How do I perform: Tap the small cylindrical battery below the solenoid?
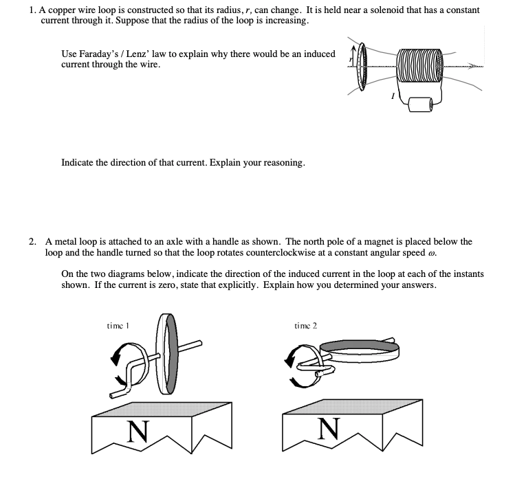click(419, 104)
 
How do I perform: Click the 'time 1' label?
click(120, 325)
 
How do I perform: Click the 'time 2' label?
click(305, 325)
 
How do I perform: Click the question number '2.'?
click(33, 241)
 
